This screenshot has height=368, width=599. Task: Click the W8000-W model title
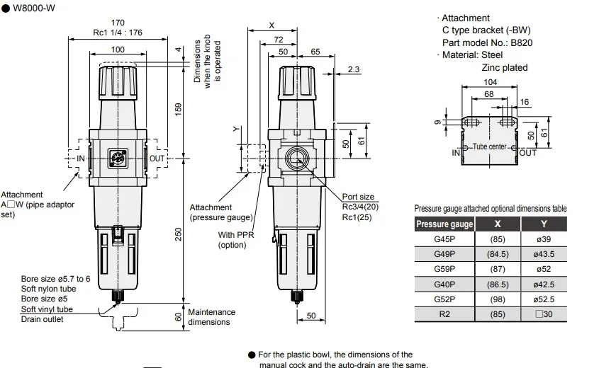click(x=34, y=8)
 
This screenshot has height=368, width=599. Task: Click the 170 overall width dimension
click(x=118, y=23)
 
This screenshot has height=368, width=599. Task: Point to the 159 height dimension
click(x=179, y=110)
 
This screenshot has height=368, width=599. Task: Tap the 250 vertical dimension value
click(x=179, y=234)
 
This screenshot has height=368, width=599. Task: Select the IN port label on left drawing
click(x=81, y=159)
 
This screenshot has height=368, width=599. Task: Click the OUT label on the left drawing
click(x=157, y=159)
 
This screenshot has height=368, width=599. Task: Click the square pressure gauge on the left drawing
click(x=118, y=158)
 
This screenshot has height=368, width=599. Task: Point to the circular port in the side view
click(x=296, y=159)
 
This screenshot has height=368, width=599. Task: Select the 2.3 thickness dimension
click(x=353, y=69)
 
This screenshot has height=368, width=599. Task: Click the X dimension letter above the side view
click(x=271, y=25)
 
